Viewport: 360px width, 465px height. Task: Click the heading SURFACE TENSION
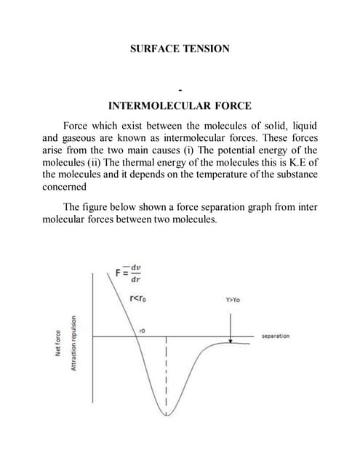point(180,49)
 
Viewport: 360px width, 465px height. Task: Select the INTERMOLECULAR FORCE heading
point(180,105)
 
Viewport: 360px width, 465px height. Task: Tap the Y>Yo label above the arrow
point(233,299)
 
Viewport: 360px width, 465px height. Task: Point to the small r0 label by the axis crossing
point(143,329)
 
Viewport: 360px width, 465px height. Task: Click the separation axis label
point(275,336)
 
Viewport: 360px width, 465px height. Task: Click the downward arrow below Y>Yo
point(230,325)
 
